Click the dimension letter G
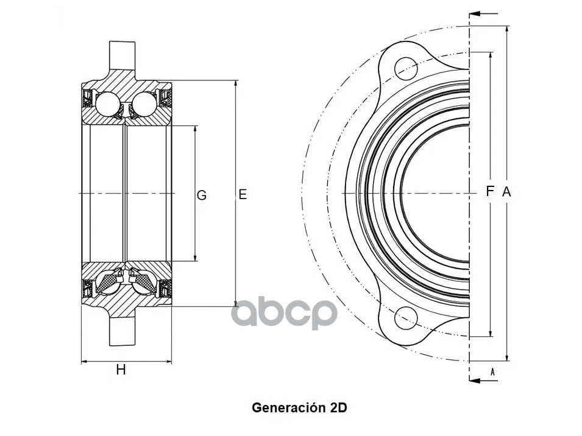pyautogui.click(x=202, y=195)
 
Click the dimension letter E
pyautogui.click(x=243, y=194)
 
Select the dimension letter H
pyautogui.click(x=121, y=370)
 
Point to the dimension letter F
pyautogui.click(x=490, y=191)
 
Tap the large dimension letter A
pyautogui.click(x=506, y=192)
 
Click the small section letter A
pyautogui.click(x=492, y=371)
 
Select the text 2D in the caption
pyautogui.click(x=338, y=408)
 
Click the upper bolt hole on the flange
pyautogui.click(x=406, y=69)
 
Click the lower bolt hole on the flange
pyautogui.click(x=406, y=318)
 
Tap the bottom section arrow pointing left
pyautogui.click(x=483, y=381)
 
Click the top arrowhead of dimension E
pyautogui.click(x=236, y=85)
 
